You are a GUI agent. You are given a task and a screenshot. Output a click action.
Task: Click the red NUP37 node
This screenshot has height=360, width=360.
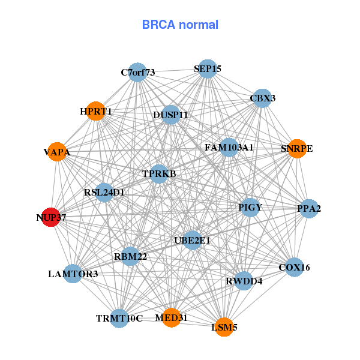[x=51, y=217]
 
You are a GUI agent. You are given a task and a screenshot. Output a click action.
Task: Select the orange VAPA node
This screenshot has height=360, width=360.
[x=57, y=152]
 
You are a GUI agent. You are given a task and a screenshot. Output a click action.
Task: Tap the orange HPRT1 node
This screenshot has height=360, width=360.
[x=96, y=111]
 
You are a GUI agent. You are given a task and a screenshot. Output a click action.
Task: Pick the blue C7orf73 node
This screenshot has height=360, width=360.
[x=138, y=73]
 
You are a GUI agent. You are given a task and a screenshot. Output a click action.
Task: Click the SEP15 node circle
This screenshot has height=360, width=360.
[x=207, y=69]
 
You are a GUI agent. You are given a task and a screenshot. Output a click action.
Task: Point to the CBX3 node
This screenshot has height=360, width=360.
[x=262, y=98]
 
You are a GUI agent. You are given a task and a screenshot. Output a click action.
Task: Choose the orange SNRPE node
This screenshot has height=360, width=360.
[x=297, y=148]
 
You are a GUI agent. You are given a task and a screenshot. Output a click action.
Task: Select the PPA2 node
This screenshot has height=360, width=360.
[x=309, y=209]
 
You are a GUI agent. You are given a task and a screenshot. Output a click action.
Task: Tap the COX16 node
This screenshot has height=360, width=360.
[x=294, y=267]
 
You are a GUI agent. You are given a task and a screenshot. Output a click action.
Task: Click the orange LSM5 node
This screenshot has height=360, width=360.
[x=224, y=327]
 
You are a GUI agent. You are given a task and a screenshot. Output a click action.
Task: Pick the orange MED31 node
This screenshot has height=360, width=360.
[x=171, y=317]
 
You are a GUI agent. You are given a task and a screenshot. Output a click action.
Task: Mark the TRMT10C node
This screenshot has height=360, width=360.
[x=119, y=318]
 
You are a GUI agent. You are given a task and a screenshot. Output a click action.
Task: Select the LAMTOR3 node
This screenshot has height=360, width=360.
[x=73, y=274]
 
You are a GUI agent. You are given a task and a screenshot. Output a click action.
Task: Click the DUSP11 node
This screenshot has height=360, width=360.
[x=170, y=115]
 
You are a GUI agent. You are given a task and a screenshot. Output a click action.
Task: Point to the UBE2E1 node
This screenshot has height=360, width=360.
[x=193, y=241]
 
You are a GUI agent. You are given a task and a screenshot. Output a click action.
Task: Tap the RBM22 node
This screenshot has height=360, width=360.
[x=131, y=257]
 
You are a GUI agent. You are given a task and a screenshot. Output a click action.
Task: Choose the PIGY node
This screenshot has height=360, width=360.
[x=250, y=208]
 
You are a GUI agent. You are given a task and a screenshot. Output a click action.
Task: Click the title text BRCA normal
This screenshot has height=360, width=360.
[x=180, y=25]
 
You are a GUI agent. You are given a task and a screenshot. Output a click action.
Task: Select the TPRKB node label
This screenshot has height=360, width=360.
[x=159, y=174]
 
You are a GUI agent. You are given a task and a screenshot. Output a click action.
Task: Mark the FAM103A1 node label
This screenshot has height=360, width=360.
[x=229, y=147]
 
